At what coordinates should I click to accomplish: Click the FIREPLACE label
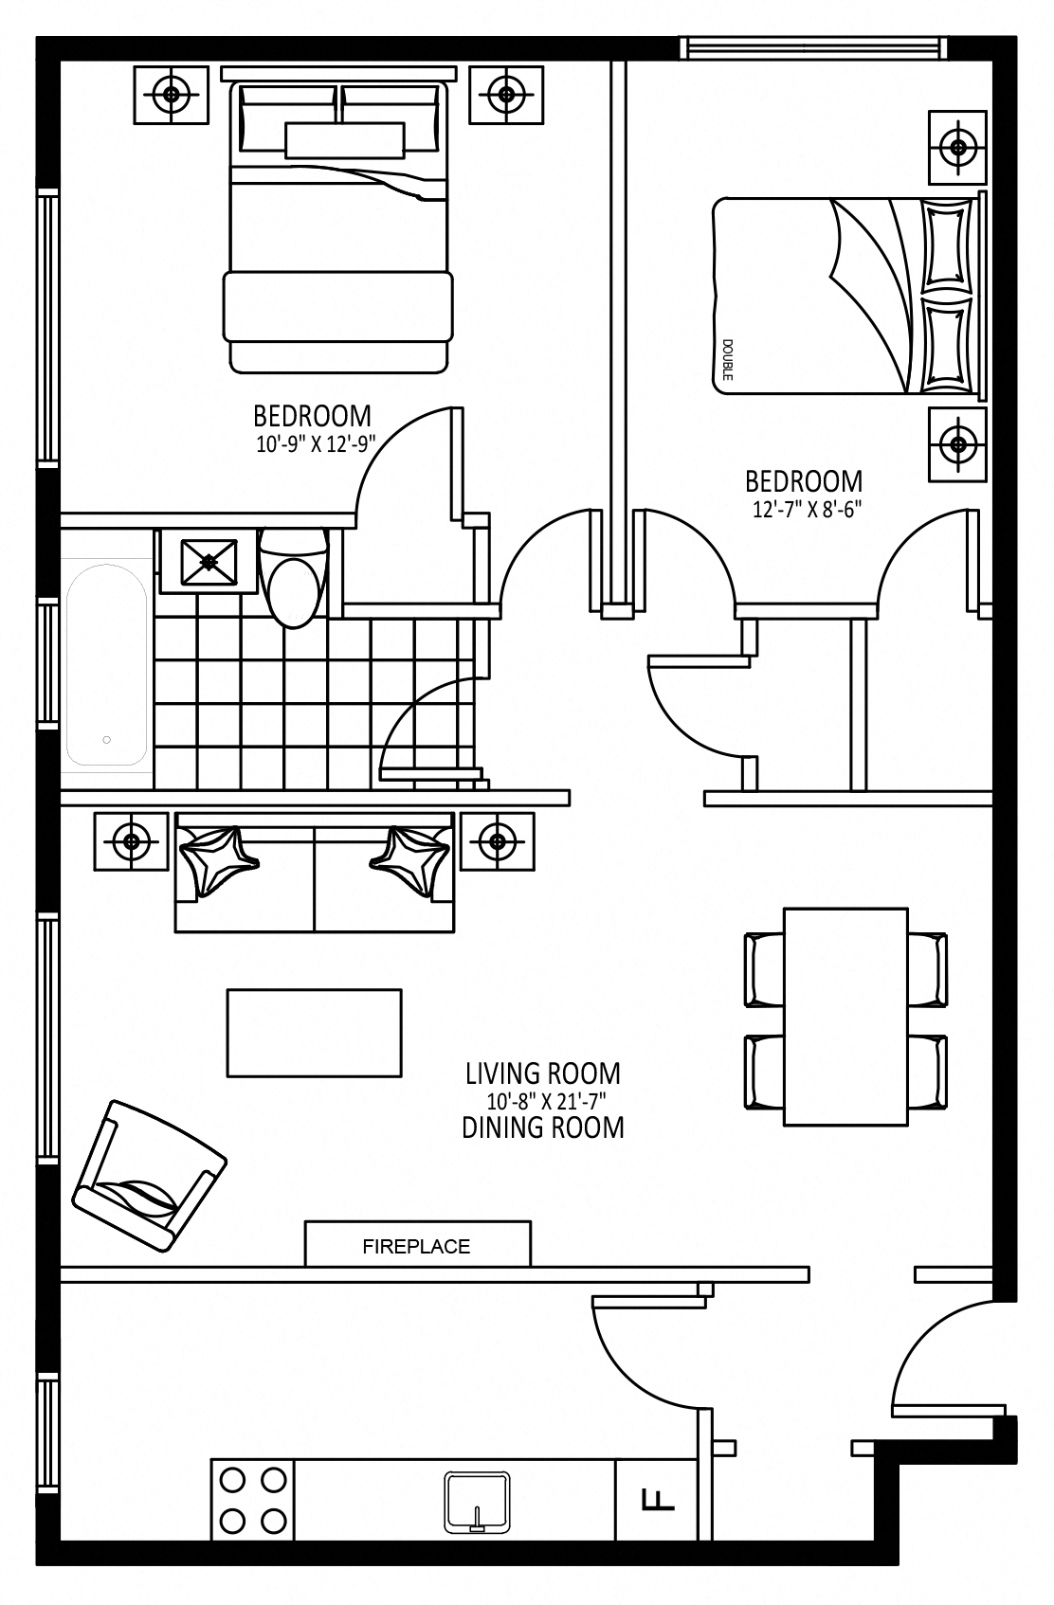click(416, 1246)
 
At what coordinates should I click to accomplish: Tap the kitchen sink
click(477, 1502)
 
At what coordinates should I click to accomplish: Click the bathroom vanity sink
click(209, 562)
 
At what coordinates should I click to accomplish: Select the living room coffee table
click(314, 1033)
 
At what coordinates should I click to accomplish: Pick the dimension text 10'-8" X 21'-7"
click(542, 1101)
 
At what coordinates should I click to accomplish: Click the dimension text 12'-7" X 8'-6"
click(807, 509)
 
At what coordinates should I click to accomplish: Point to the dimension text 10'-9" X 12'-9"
click(316, 444)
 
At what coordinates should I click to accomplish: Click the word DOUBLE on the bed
click(727, 360)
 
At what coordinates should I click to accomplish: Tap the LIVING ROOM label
click(543, 1074)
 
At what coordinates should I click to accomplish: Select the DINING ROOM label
click(543, 1127)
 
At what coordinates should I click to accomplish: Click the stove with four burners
click(252, 1500)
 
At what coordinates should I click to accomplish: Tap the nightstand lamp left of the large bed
click(172, 94)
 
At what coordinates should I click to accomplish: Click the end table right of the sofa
click(497, 841)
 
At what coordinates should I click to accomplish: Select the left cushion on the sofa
click(218, 862)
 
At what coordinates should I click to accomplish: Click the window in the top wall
click(814, 47)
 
